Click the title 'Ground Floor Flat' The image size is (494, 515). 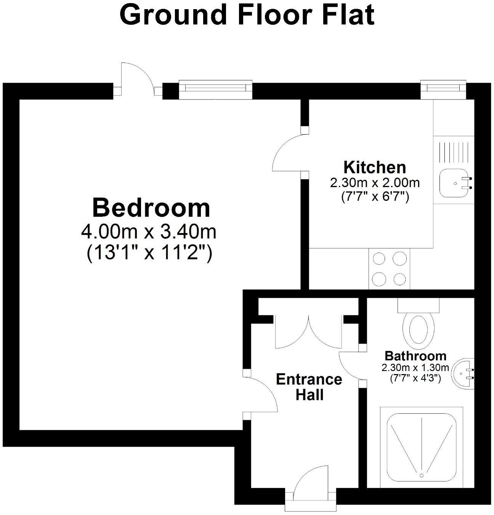[247, 15]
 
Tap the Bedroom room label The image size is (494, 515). [151, 208]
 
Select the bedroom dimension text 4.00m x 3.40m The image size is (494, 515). [149, 232]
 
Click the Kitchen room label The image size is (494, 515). [375, 167]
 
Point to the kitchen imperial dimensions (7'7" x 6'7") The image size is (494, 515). [375, 197]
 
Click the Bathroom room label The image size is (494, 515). [415, 356]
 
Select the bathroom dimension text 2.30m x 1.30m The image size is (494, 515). [415, 368]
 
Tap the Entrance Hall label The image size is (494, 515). [309, 387]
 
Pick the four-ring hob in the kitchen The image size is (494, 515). [389, 269]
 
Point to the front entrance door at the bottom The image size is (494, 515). [311, 484]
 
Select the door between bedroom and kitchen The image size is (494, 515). [289, 154]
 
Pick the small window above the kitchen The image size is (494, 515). [443, 88]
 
